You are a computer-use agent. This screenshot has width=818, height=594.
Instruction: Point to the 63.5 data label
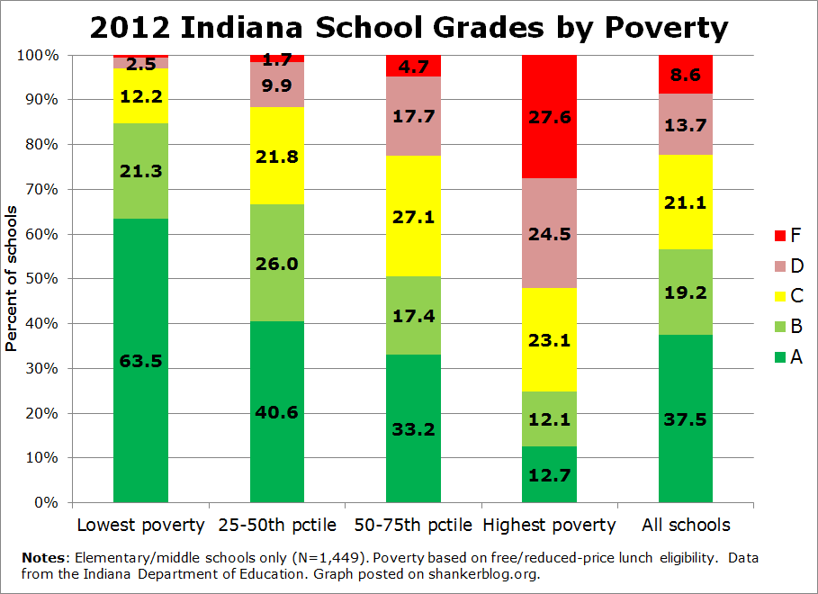140,361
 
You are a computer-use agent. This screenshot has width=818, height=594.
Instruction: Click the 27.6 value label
549,117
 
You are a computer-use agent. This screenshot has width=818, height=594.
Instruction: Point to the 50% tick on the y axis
42,279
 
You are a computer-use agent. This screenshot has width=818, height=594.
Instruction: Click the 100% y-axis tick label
39,55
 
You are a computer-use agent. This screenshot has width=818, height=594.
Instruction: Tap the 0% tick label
46,503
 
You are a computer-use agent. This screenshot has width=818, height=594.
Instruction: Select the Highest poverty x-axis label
549,525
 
